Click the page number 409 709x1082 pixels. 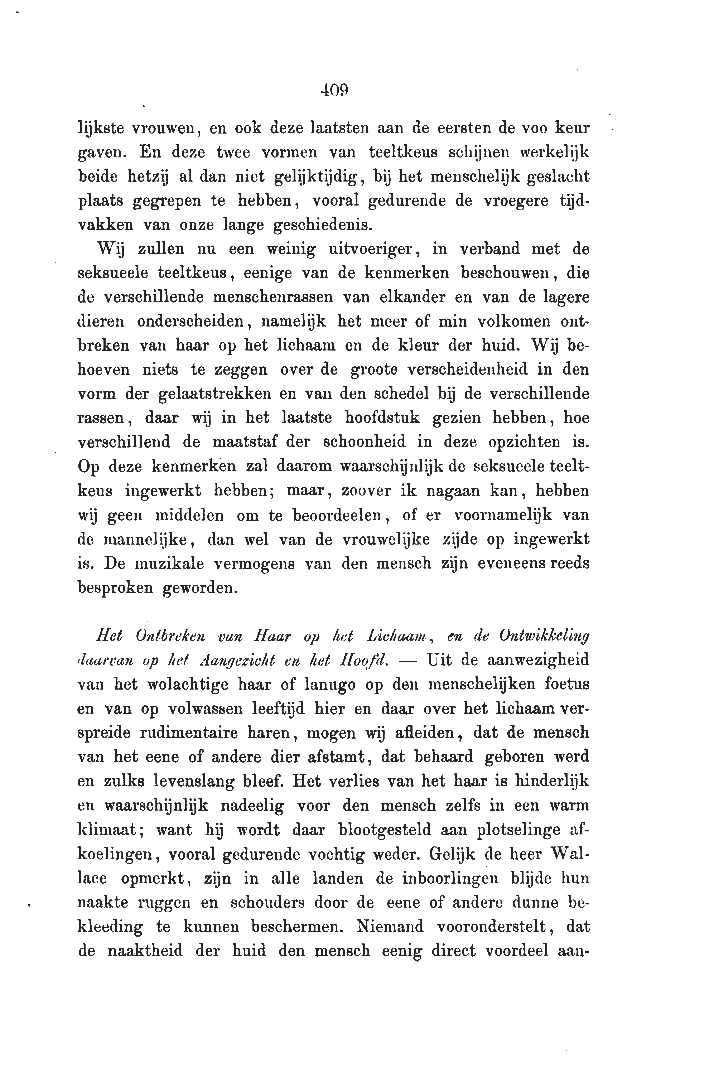click(x=334, y=91)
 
